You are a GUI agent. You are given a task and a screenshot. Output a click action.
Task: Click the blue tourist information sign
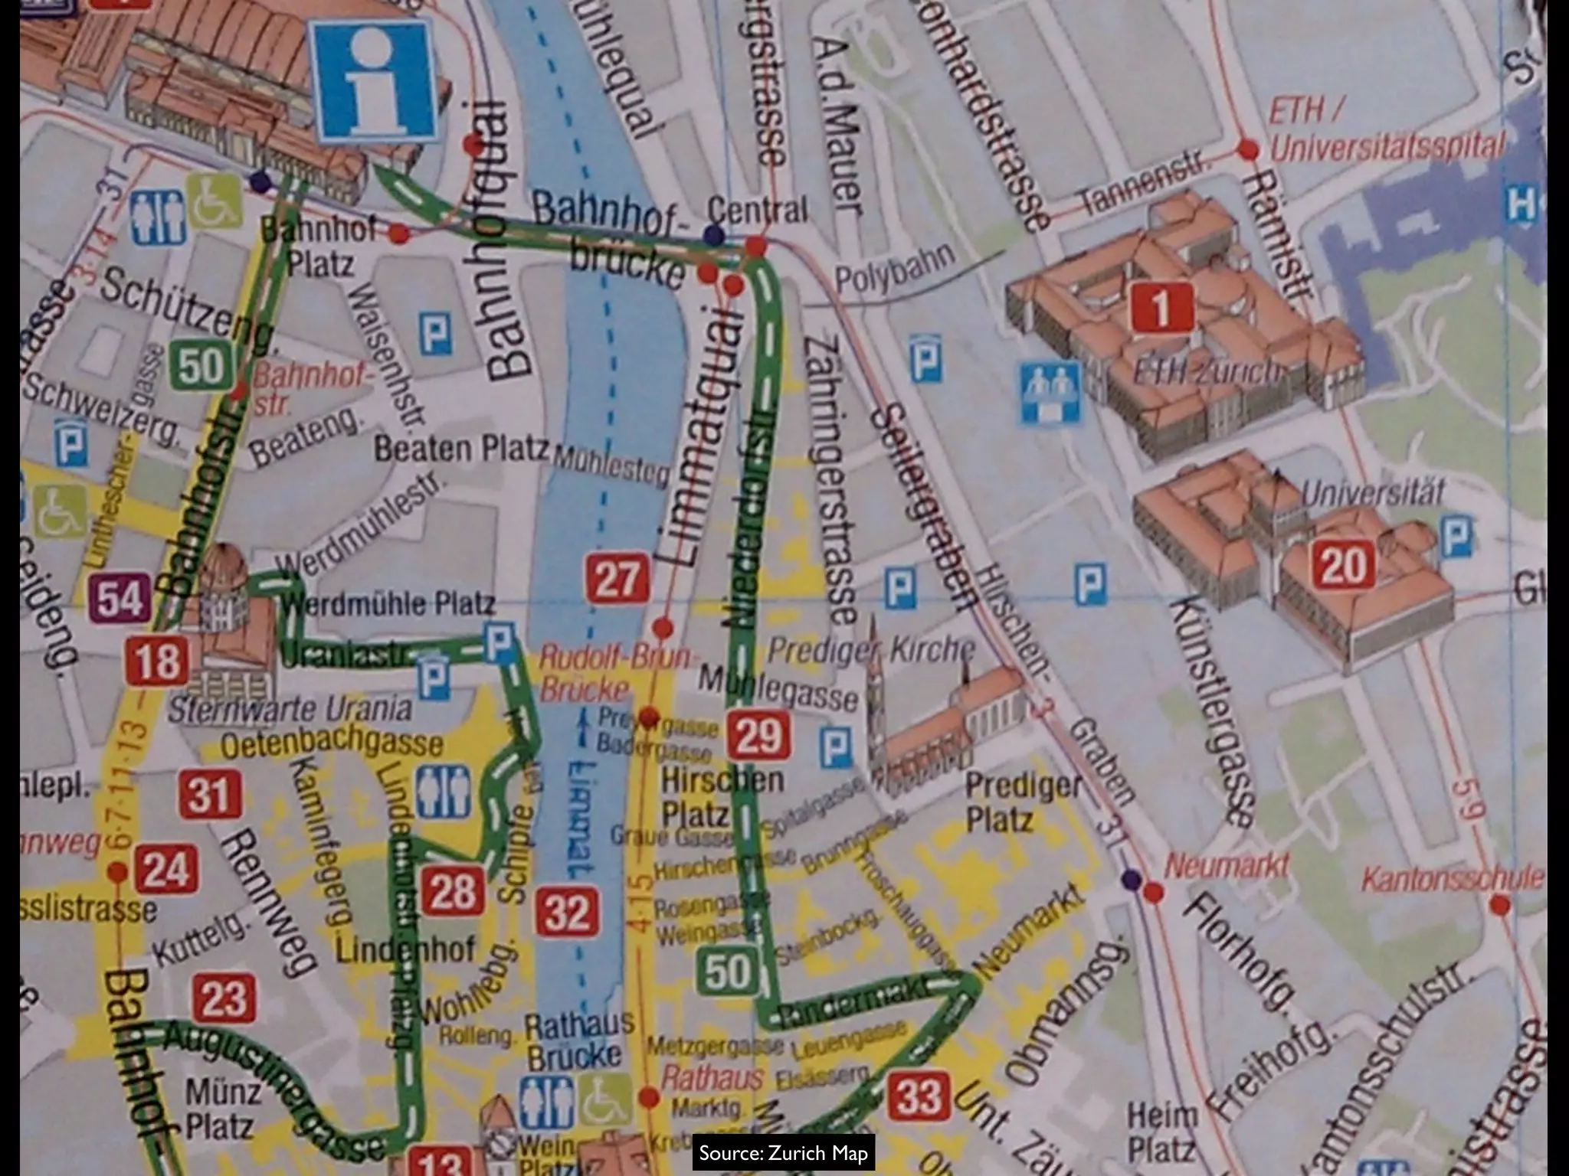[373, 81]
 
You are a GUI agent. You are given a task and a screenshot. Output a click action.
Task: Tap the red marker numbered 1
[1161, 307]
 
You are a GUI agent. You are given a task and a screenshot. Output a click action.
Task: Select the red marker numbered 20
[1342, 566]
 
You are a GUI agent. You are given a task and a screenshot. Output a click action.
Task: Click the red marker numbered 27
[617, 579]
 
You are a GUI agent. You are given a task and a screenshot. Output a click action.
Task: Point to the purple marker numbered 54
[120, 598]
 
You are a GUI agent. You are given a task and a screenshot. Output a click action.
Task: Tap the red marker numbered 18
[158, 660]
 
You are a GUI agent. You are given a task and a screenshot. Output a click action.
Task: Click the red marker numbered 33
[919, 1096]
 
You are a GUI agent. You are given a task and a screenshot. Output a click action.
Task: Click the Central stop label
[757, 209]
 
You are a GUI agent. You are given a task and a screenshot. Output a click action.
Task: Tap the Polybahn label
[894, 268]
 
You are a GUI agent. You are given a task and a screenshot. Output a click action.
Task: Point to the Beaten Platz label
[461, 449]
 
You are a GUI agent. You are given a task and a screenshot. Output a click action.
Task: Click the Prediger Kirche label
[871, 650]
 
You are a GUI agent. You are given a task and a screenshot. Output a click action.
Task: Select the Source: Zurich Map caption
[783, 1153]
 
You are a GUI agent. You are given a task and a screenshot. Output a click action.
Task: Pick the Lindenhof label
[405, 949]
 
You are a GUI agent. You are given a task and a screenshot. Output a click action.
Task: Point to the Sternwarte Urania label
[290, 709]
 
